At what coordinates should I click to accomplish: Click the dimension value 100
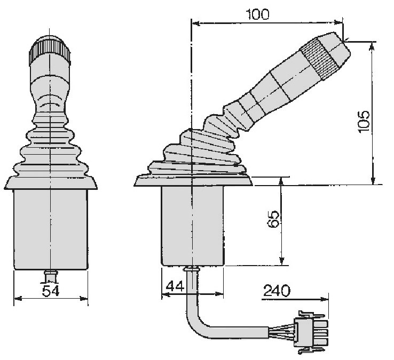[258, 14]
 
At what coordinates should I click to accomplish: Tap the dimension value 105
[364, 122]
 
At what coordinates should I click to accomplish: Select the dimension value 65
[273, 219]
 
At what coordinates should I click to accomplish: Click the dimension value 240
[277, 291]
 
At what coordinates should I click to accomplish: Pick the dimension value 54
[51, 291]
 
